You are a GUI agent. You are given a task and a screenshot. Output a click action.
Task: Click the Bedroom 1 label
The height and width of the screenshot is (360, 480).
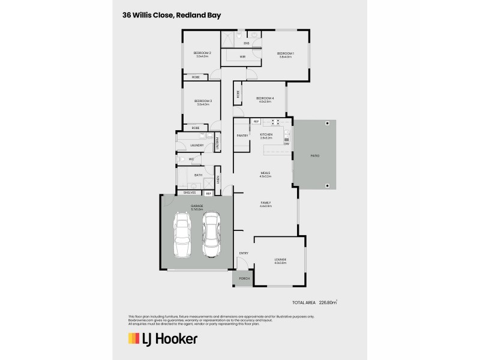point(284,53)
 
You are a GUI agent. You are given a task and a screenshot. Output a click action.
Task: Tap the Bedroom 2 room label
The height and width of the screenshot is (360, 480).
point(202,53)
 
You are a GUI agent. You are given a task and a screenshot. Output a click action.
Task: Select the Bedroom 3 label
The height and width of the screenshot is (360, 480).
point(203,101)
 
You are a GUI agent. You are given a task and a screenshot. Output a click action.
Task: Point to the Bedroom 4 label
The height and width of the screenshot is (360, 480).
point(265,98)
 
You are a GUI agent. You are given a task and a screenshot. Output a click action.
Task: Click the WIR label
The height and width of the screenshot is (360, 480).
point(242,56)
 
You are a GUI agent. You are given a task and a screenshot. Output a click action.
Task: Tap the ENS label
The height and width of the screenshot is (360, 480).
point(246,43)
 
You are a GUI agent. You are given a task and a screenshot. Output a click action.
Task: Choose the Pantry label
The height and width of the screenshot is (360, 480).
point(242,136)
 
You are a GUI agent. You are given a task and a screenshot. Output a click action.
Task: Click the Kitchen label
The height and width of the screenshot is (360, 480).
point(266,135)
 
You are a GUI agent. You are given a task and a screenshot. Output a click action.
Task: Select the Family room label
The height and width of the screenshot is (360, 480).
point(266,203)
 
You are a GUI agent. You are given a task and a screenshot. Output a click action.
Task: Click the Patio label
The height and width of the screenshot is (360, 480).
point(315,155)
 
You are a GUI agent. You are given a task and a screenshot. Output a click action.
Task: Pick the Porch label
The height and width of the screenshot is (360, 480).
point(244,278)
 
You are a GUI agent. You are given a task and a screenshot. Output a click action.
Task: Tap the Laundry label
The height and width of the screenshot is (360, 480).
point(196,145)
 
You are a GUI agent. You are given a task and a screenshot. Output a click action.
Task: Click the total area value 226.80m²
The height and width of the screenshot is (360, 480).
point(328,304)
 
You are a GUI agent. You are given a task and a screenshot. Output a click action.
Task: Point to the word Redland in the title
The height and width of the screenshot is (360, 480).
point(190,15)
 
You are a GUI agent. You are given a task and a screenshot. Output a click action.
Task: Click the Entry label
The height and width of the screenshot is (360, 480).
point(244,253)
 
